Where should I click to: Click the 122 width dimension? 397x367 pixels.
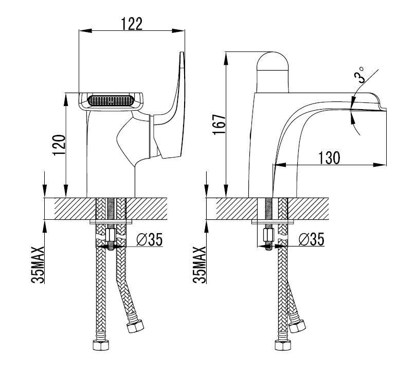pos(132,24)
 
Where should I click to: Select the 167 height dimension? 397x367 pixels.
pos(219,125)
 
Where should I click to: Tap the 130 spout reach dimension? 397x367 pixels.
pos(329,158)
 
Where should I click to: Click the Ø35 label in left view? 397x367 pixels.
pos(149,239)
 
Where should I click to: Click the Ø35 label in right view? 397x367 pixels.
pos(312,239)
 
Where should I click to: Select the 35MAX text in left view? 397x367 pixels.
pos(38,265)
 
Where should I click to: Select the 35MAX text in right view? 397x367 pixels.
pos(200,265)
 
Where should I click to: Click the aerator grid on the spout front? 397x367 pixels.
pos(111,100)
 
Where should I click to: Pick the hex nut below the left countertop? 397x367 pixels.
pos(111,235)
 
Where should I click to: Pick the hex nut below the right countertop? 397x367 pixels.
pos(268,235)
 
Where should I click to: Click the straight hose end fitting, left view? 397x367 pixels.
pos(101,345)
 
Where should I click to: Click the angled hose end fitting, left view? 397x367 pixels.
pos(135,326)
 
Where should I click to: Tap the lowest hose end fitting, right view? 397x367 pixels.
pos(283,345)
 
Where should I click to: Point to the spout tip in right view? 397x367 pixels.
pos(385,110)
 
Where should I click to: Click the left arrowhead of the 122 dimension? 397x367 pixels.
pos(85,31)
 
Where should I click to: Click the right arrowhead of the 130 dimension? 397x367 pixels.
pos(380,165)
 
